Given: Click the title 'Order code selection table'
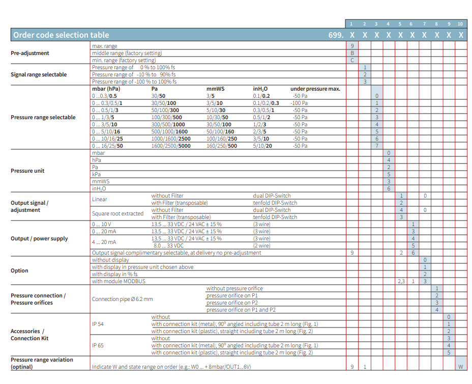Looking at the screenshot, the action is (x=61, y=35).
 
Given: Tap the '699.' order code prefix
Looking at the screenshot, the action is (x=336, y=35).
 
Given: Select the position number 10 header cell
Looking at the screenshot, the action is (x=460, y=24).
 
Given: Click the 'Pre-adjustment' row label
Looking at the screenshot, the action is (x=30, y=53).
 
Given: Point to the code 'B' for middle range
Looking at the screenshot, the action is (x=352, y=53).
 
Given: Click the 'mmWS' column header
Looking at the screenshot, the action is (x=215, y=89).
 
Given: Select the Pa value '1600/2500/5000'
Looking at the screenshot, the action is (x=171, y=146).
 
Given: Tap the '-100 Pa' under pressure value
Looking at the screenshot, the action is (x=299, y=103).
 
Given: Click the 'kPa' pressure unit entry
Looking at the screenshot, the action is (x=96, y=175).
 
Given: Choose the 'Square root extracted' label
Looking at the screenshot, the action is (x=117, y=213).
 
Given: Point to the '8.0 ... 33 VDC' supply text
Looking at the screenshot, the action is (x=168, y=245).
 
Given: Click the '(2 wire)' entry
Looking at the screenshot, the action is (x=261, y=245).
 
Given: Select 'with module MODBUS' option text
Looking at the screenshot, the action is (x=119, y=281).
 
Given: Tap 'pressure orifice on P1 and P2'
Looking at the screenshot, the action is (x=241, y=310).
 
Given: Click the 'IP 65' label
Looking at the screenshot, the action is (x=98, y=345).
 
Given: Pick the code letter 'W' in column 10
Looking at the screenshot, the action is (x=461, y=367).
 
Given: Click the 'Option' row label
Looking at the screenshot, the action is (x=19, y=270).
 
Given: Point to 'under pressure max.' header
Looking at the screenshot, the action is (x=315, y=89).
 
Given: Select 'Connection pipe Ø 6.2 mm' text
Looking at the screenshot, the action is (x=123, y=299).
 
